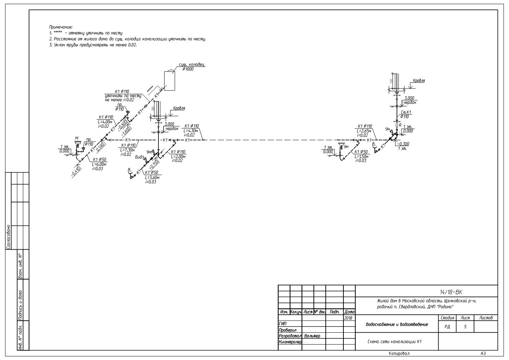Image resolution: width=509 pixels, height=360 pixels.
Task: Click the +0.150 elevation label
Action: click(154, 164)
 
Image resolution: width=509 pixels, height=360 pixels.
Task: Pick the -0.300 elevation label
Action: click(403, 143)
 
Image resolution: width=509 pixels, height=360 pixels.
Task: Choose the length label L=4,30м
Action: click(191, 130)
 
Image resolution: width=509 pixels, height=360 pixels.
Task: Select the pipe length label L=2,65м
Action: click(364, 131)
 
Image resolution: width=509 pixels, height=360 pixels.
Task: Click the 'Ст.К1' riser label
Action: click(406, 112)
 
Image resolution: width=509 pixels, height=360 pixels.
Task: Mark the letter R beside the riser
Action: click(400, 125)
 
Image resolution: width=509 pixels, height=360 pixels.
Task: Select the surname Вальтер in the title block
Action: click(312, 336)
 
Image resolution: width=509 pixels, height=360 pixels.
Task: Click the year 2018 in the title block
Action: click(349, 318)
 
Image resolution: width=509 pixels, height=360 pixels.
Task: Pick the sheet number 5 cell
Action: click(465, 327)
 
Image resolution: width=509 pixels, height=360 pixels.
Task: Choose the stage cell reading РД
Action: click(447, 327)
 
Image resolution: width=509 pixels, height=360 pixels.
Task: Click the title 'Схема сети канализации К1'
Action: click(394, 342)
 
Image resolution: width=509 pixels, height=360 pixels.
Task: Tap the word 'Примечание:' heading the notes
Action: click(61, 27)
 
